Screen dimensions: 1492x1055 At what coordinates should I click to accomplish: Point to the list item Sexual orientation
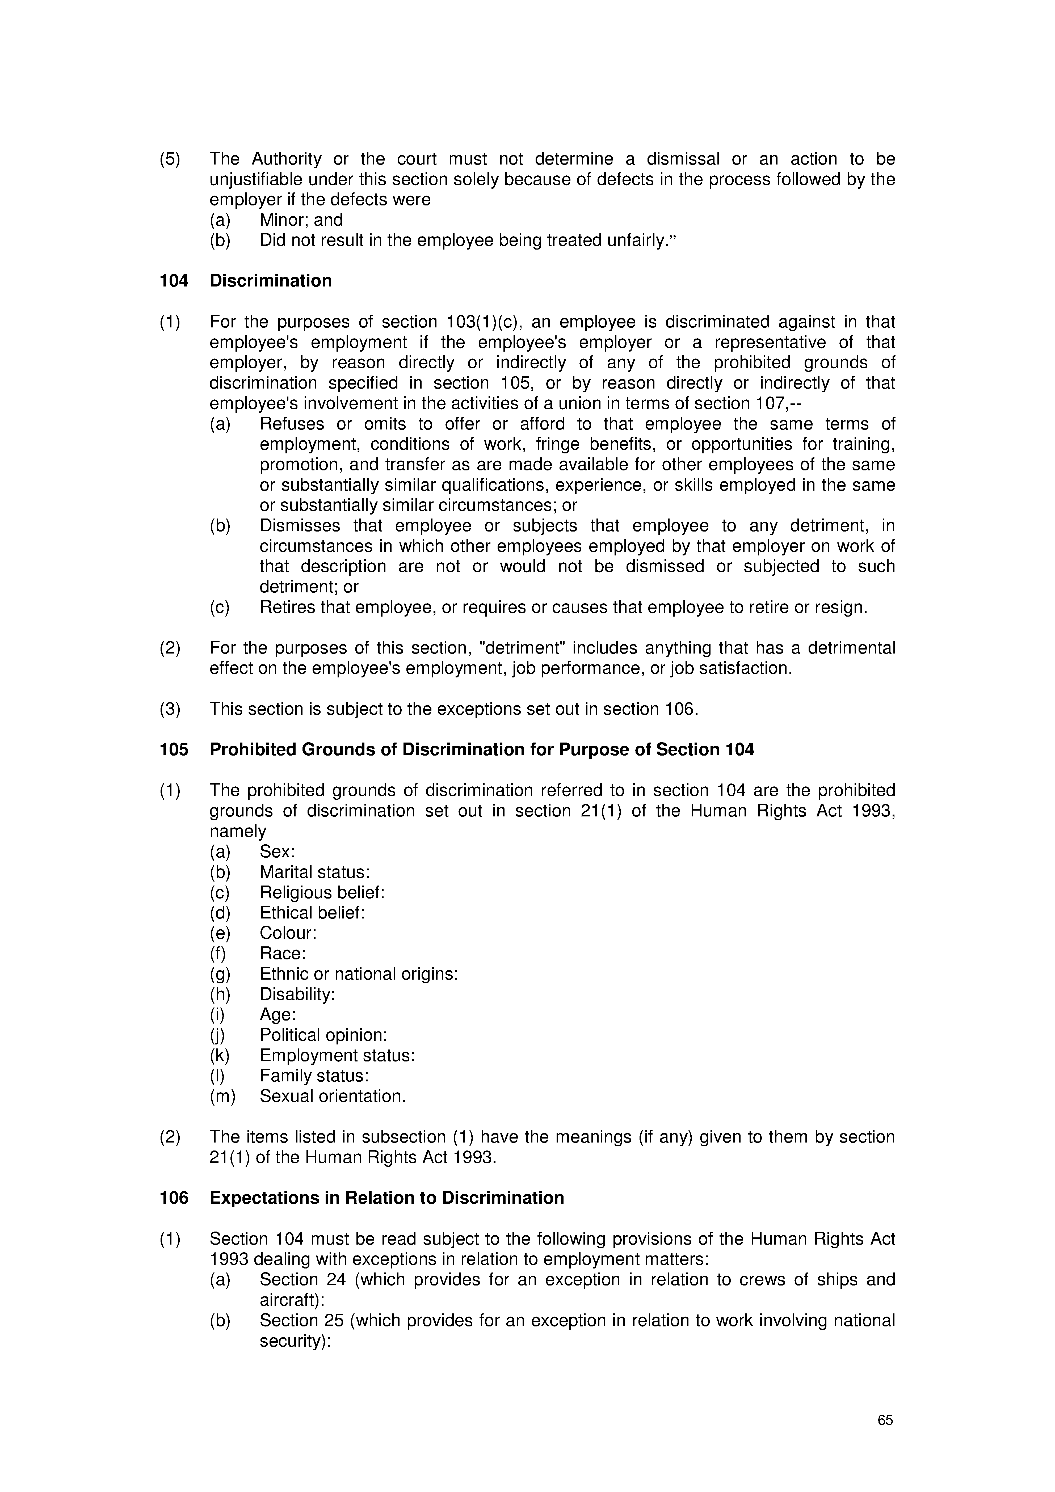pos(332,1096)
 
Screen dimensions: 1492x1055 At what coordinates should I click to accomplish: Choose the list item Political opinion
pos(323,1035)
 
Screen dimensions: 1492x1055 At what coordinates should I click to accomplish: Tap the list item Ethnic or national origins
pos(359,974)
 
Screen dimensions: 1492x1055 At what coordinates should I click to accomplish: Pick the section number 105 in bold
pos(174,750)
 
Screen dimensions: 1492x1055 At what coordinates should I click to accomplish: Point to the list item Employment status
pos(337,1055)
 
